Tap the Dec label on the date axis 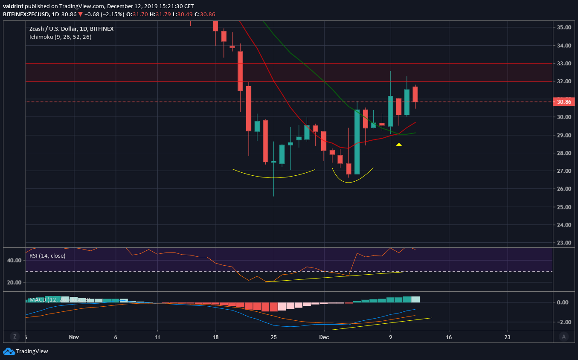point(324,337)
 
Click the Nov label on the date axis point(74,337)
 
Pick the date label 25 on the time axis point(273,337)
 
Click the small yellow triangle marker point(399,145)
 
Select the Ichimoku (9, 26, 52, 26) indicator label point(60,37)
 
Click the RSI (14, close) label point(47,255)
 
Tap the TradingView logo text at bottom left point(32,351)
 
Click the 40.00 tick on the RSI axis point(15,260)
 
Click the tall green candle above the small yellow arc point(357,142)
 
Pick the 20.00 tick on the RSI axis point(15,282)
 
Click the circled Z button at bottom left point(15,337)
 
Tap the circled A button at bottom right point(564,337)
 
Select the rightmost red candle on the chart point(415,94)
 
